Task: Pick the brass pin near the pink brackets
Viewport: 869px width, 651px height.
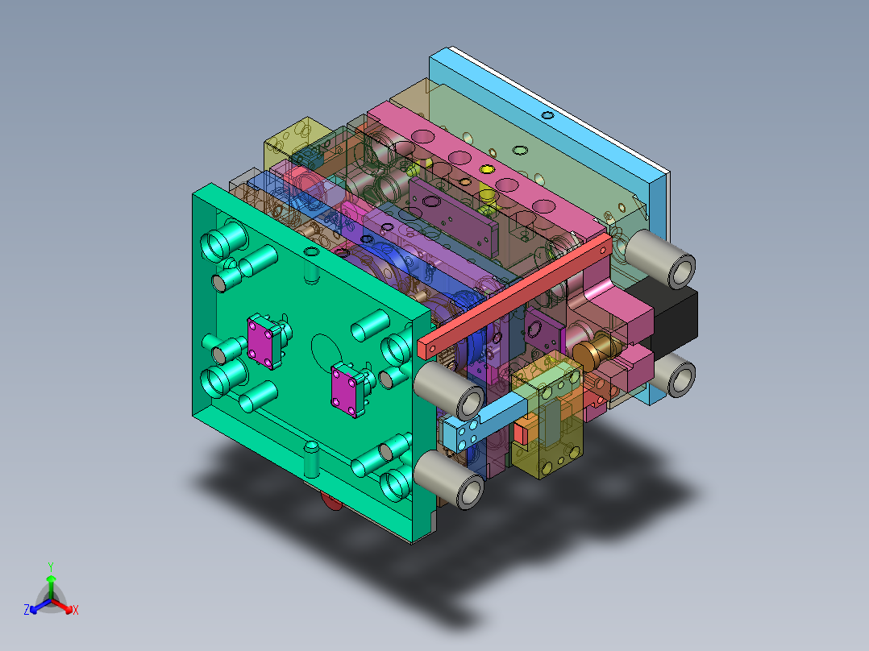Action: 594,351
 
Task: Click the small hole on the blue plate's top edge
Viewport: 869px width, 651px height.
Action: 547,115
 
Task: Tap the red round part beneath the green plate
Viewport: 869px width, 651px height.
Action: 331,503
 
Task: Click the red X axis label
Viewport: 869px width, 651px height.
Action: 76,611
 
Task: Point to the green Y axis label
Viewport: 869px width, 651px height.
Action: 51,566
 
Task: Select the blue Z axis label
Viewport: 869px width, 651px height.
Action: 27,611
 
